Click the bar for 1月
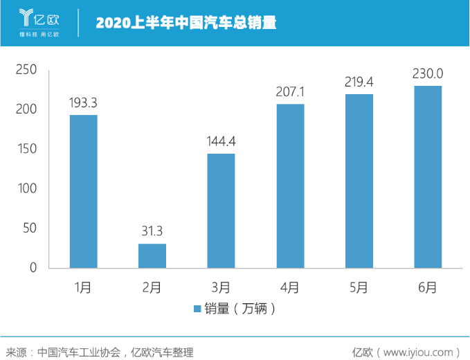tap(83, 192)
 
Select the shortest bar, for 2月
tap(152, 255)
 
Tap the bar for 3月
tap(221, 210)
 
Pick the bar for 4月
tap(290, 186)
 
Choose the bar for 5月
tap(359, 181)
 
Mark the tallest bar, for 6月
tap(428, 177)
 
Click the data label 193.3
tap(83, 103)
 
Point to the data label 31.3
tap(152, 231)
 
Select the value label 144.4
tap(221, 142)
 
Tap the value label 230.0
tap(428, 74)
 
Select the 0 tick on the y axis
tap(32, 268)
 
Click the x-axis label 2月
tap(152, 287)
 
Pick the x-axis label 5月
tap(359, 287)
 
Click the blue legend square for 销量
tap(197, 309)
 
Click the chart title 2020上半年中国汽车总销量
tap(186, 23)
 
